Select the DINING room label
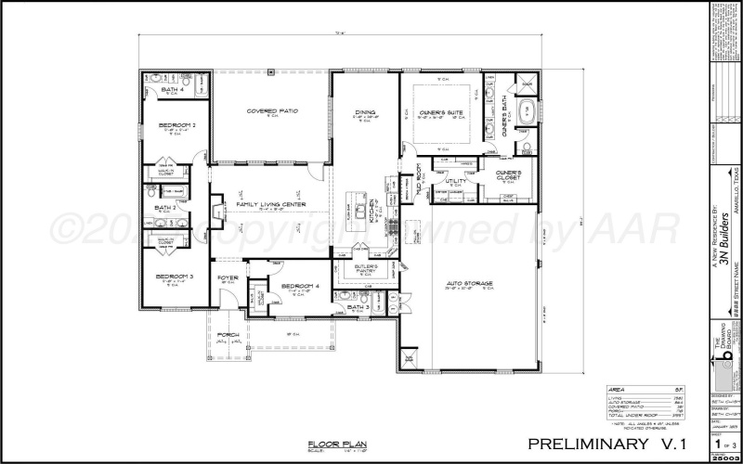point(364,112)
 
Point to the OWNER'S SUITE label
point(441,112)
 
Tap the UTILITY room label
point(456,181)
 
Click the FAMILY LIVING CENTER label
point(270,204)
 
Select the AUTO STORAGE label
point(470,282)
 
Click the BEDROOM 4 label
point(299,286)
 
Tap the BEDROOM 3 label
point(174,277)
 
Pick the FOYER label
point(228,277)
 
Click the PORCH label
point(228,334)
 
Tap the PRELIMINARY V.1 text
point(613,444)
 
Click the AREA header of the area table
point(616,389)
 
